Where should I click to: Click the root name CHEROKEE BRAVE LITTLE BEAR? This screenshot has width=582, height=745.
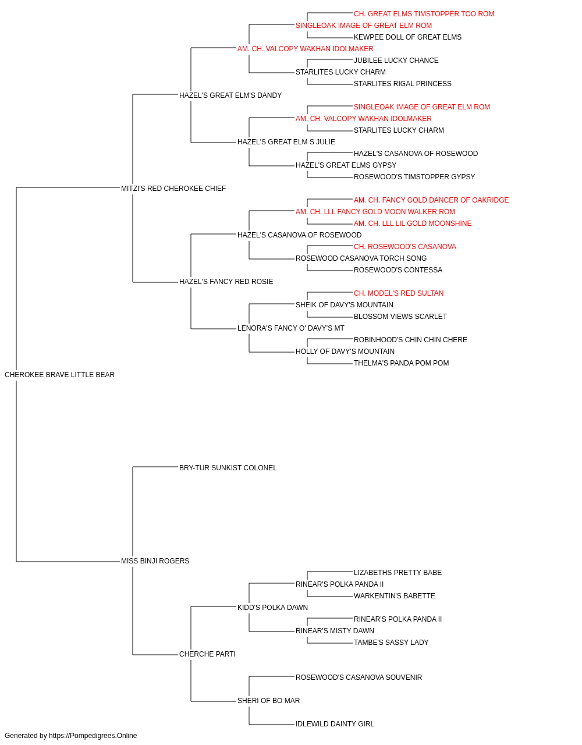tap(59, 374)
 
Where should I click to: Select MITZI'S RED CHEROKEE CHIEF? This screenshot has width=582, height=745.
tap(173, 188)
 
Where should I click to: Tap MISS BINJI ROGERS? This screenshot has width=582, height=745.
tap(155, 561)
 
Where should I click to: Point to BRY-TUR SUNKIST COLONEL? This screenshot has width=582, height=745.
tap(228, 467)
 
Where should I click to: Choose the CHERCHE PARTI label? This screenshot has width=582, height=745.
tap(207, 654)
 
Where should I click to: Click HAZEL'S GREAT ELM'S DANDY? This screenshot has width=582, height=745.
tap(230, 95)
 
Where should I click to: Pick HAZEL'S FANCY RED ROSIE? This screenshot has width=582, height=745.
tap(226, 282)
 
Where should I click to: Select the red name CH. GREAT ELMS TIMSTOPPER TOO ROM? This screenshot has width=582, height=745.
tap(424, 14)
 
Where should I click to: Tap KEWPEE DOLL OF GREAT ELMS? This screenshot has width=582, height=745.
tap(407, 37)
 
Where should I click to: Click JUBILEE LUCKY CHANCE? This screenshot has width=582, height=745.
tap(396, 61)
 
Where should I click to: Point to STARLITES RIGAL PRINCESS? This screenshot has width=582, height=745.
tap(403, 84)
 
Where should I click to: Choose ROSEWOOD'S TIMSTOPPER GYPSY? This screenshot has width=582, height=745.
tap(414, 176)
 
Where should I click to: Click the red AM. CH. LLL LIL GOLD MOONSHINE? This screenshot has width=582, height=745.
tap(413, 223)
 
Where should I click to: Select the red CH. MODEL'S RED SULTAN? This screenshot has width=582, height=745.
tap(399, 293)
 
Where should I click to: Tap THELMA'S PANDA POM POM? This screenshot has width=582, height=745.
tap(402, 363)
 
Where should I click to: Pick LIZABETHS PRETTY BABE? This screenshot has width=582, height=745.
tap(398, 573)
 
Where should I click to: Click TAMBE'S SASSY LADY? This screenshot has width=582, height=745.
tap(391, 642)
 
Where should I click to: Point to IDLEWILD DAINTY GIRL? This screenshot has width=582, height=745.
tap(335, 723)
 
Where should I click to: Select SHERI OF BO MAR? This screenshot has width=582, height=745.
tap(269, 700)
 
